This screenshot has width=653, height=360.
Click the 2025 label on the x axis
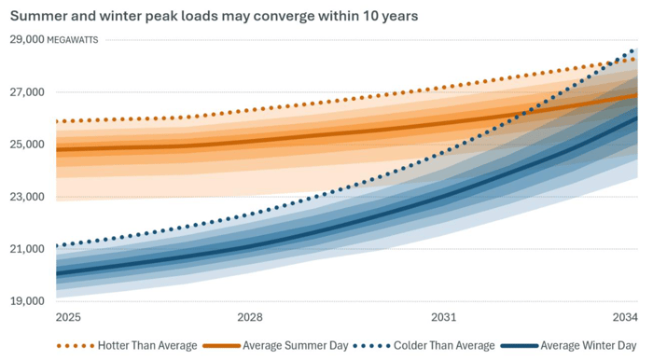pyautogui.click(x=68, y=317)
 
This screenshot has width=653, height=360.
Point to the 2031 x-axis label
pyautogui.click(x=443, y=317)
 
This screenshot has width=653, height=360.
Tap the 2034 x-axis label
pyautogui.click(x=624, y=317)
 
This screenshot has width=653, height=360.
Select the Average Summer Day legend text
pyautogui.click(x=296, y=346)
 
